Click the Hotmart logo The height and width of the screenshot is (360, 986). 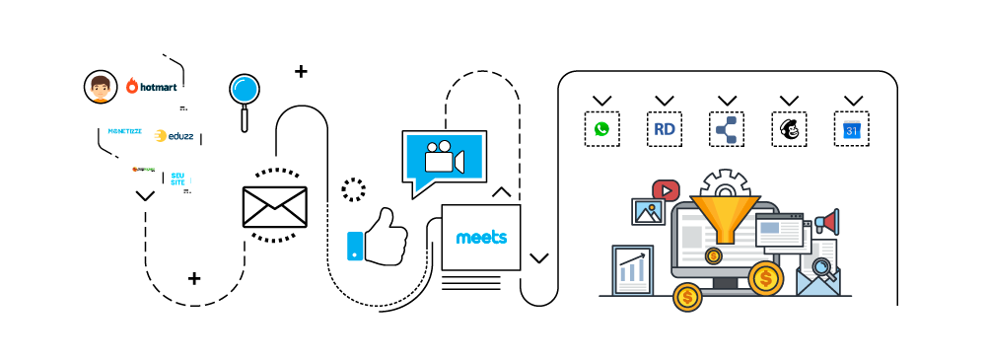click(x=152, y=87)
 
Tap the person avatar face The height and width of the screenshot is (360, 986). click(x=100, y=88)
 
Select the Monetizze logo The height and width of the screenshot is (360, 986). click(x=124, y=131)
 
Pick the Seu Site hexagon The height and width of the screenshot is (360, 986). click(x=177, y=179)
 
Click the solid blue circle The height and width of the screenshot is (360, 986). click(x=245, y=90)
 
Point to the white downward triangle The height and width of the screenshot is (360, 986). click(x=274, y=196)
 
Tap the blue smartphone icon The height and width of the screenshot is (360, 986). click(x=355, y=247)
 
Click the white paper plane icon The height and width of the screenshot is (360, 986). click(x=352, y=298)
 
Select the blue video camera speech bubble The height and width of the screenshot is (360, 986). click(x=444, y=158)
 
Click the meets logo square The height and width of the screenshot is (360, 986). click(x=481, y=238)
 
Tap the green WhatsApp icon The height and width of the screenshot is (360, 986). click(x=601, y=129)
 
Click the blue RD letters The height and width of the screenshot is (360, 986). click(x=665, y=129)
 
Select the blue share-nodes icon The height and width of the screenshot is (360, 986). click(x=727, y=130)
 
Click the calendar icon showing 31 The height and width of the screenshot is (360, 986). click(x=852, y=130)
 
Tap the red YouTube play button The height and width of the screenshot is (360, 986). click(x=666, y=190)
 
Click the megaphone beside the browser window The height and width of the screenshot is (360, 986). click(x=826, y=222)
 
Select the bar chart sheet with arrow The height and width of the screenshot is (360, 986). click(x=632, y=269)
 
